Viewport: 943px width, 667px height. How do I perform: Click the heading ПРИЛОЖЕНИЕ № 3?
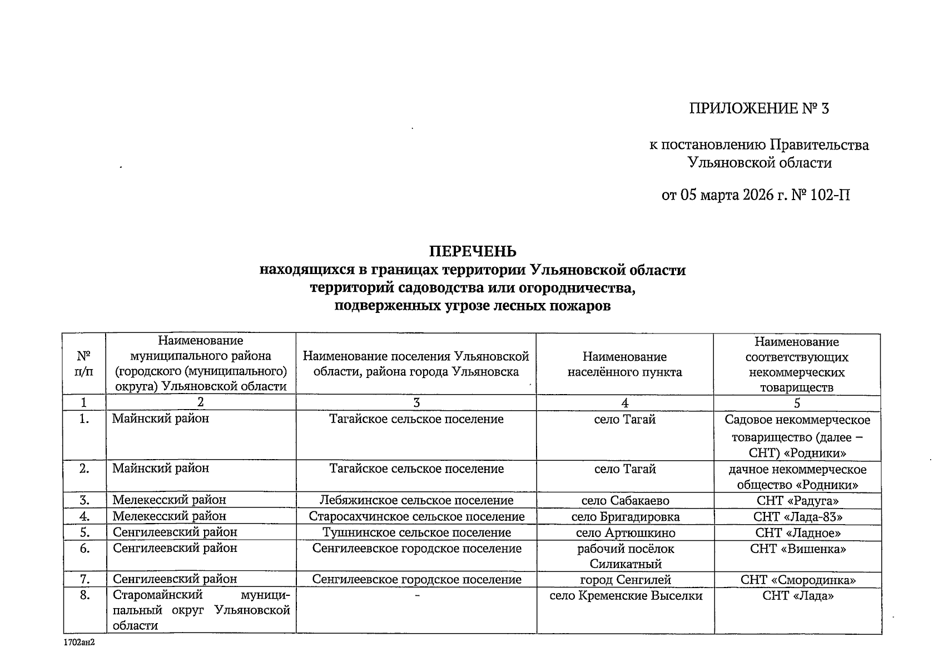click(759, 108)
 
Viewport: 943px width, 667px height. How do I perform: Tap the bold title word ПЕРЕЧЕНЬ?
click(472, 252)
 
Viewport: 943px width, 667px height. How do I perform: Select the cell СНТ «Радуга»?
click(797, 500)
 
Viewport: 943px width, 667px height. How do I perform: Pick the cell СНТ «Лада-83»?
click(797, 517)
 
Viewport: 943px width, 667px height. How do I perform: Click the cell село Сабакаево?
click(625, 500)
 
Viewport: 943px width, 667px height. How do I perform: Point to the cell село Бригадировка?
click(625, 517)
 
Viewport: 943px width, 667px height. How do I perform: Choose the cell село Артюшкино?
click(625, 533)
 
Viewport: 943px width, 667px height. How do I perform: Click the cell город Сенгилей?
click(625, 580)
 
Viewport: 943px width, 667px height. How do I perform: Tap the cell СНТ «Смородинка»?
click(797, 580)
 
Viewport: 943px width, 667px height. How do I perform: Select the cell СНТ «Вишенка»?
click(797, 549)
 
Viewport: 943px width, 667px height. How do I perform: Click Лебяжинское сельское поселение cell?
click(416, 500)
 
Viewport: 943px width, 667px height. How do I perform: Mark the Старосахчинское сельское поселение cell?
click(416, 517)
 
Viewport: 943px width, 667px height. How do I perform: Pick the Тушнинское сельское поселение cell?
click(416, 533)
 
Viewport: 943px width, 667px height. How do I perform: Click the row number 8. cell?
click(84, 596)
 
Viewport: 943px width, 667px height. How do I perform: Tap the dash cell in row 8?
click(416, 596)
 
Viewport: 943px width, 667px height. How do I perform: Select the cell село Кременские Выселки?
click(625, 596)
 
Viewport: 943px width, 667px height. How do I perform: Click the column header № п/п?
click(83, 364)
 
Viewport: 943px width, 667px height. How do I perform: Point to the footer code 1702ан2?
click(78, 641)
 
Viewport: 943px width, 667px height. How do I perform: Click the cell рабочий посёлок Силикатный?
click(625, 556)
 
